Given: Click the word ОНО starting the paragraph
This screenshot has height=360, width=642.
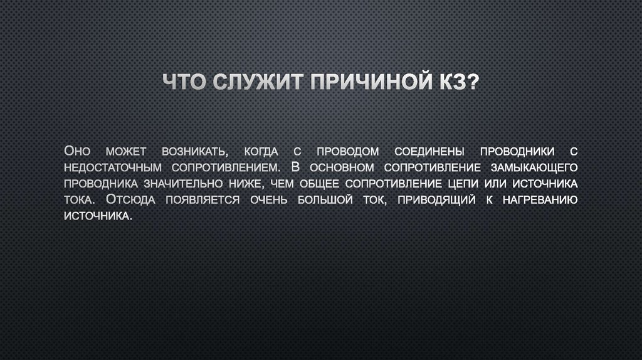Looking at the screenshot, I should coord(78,151).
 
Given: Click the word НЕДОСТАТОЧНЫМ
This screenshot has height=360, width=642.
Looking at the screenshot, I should coord(113,167).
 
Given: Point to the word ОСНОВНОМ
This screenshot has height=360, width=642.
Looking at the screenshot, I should coord(339,167).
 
